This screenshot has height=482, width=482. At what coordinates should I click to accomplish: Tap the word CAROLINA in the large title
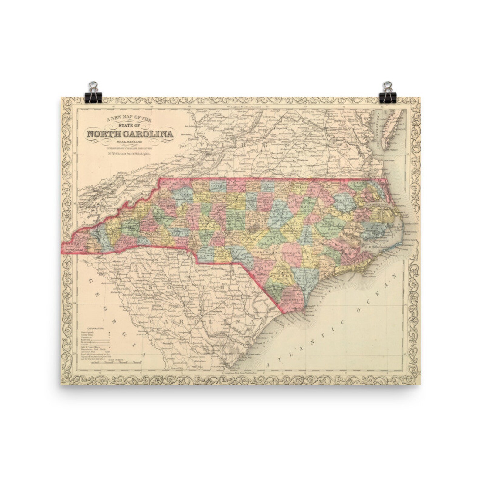[x=151, y=134]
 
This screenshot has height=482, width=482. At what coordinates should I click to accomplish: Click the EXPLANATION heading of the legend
[x=95, y=329]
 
